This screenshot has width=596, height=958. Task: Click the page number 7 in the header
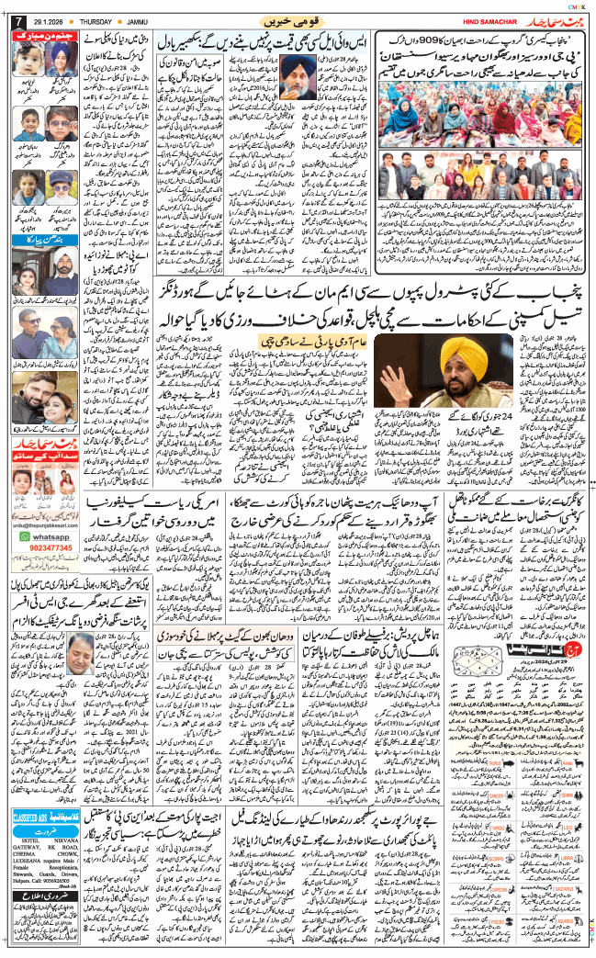pos(13,21)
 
